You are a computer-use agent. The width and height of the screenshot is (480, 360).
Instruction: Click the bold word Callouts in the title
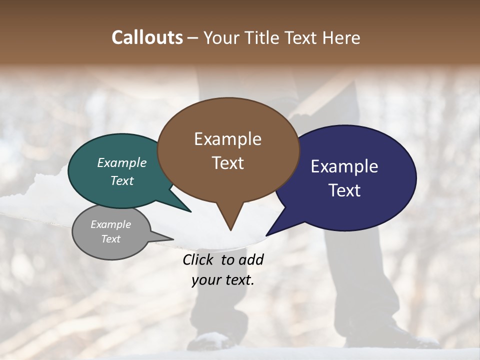click(147, 37)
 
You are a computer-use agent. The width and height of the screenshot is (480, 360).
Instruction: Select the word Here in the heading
click(341, 37)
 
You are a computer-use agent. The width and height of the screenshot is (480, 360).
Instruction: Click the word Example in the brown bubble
click(227, 139)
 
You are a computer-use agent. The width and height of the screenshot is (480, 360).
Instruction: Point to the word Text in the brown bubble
click(227, 163)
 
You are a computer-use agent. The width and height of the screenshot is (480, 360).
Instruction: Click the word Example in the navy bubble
click(344, 166)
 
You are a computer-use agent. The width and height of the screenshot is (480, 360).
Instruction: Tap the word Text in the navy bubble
click(344, 190)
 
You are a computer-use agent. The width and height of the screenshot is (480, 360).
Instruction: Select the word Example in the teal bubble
click(122, 163)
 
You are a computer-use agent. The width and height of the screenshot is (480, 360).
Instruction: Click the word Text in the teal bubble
click(122, 180)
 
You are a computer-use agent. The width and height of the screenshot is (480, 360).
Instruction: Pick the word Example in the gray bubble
click(110, 224)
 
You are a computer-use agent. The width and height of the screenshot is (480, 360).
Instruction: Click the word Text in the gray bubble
click(110, 239)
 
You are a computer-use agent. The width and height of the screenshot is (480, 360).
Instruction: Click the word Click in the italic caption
click(199, 259)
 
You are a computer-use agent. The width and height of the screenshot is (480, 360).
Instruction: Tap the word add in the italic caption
click(250, 259)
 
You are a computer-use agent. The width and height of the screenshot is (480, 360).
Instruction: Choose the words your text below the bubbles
click(223, 280)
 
